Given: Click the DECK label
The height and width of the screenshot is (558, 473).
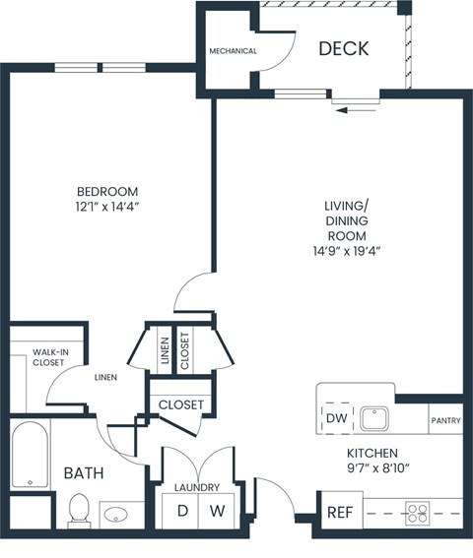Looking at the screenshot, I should pos(344,48).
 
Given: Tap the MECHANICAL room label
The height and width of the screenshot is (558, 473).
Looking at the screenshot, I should pos(233,51).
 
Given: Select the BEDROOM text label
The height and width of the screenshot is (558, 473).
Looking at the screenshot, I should pos(107,191).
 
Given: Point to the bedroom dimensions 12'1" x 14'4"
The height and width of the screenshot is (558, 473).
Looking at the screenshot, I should pos(107,208).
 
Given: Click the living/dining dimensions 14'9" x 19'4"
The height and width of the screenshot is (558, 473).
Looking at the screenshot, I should pos(346,251).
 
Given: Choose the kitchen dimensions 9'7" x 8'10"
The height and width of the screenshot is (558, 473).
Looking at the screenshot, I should pos(378,468).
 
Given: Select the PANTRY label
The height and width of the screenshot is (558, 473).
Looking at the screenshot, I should pos(445,420).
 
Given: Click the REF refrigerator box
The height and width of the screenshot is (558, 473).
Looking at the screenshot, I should pos(339,513).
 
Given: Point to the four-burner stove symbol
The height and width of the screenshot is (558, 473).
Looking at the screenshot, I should pos(418,513).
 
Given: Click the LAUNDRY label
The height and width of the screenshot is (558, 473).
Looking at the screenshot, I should pos(197,487).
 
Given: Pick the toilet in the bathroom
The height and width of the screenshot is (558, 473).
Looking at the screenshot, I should pos(80,509).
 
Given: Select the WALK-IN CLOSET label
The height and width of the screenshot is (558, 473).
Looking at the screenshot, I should pos(49,356).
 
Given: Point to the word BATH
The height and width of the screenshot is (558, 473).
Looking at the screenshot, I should pos(84,473).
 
